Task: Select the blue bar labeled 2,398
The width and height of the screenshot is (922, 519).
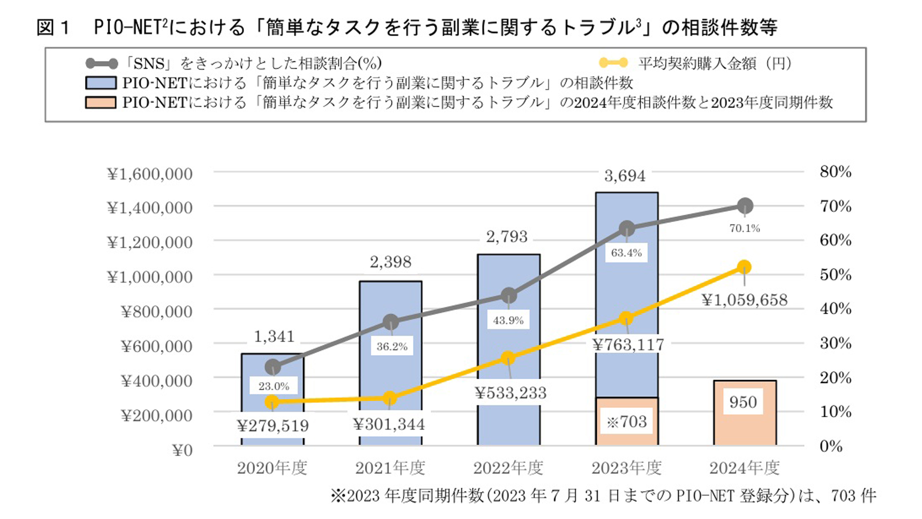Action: click(390, 308)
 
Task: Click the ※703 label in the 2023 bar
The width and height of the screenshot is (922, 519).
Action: click(627, 422)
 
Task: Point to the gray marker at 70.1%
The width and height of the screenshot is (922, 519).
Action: click(745, 206)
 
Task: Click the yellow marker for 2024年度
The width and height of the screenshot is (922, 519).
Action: click(744, 267)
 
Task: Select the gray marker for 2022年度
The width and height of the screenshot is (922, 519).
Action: click(509, 296)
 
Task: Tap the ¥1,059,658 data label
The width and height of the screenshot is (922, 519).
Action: click(744, 300)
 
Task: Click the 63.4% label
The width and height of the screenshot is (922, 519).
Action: click(626, 253)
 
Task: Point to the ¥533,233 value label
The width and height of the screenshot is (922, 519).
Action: click(510, 393)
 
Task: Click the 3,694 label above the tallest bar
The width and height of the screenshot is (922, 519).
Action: click(625, 176)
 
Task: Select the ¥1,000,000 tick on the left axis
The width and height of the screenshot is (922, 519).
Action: click(150, 277)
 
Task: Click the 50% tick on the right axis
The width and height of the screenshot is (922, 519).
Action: click(835, 275)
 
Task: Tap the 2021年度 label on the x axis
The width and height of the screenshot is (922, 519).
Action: click(390, 468)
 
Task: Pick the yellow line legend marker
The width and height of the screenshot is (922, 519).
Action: click(613, 63)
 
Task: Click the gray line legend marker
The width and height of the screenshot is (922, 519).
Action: click(101, 63)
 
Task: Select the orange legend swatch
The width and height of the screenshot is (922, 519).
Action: click(100, 102)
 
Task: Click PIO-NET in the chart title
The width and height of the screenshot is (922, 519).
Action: click(127, 27)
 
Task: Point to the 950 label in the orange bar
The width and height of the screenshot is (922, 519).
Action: click(743, 402)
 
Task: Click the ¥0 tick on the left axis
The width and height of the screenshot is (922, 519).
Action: click(182, 451)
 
